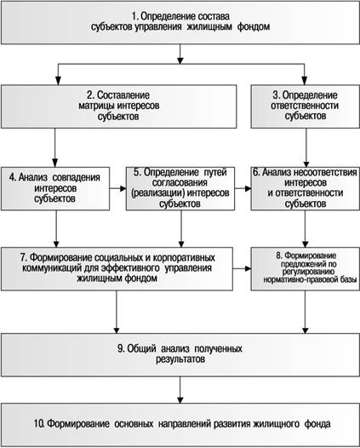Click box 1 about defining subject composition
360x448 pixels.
pyautogui.click(x=180, y=23)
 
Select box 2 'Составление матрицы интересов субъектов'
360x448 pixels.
pyautogui.click(x=119, y=106)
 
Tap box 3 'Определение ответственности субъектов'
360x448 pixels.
pyautogui.click(x=306, y=106)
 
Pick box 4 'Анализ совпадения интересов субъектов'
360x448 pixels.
pyautogui.click(x=55, y=189)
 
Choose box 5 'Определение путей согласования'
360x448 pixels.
pyautogui.click(x=180, y=189)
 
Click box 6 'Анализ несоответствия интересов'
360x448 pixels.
pyautogui.click(x=306, y=189)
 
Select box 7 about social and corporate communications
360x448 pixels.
pyautogui.click(x=117, y=269)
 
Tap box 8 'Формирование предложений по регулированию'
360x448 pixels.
pyautogui.click(x=306, y=269)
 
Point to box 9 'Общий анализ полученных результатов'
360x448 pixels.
pyautogui.click(x=180, y=354)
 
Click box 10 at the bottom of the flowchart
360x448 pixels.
pyautogui.click(x=180, y=424)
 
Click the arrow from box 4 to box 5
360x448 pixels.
pyautogui.click(x=118, y=188)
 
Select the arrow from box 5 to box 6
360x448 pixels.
pyautogui.click(x=243, y=188)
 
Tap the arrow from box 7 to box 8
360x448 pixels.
pyautogui.click(x=242, y=268)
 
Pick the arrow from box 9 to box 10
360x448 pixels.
pyautogui.click(x=180, y=390)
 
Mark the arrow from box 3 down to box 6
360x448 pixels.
pyautogui.click(x=306, y=147)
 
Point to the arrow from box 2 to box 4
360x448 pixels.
pyautogui.click(x=54, y=147)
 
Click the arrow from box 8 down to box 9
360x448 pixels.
pyautogui.click(x=306, y=312)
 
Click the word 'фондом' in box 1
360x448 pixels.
pyautogui.click(x=254, y=27)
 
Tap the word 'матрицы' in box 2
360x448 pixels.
pyautogui.click(x=97, y=106)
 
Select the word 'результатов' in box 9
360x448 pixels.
pyautogui.click(x=180, y=359)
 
